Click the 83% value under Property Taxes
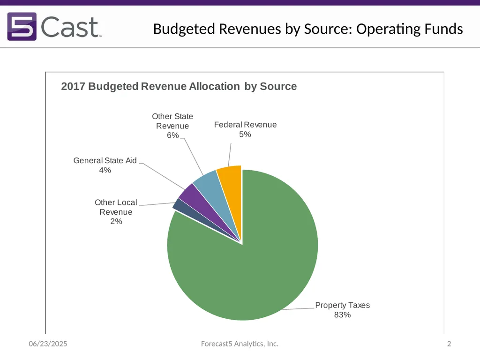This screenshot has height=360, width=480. pyautogui.click(x=342, y=315)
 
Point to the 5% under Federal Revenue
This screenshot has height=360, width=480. pyautogui.click(x=245, y=134)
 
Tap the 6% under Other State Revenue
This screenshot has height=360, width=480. pyautogui.click(x=172, y=135)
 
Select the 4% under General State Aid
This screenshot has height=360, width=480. pyautogui.click(x=105, y=170)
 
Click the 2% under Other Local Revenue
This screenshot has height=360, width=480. pyautogui.click(x=116, y=221)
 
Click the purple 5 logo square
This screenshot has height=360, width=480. pyautogui.click(x=22, y=26)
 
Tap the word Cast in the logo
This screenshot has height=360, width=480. pyautogui.click(x=70, y=27)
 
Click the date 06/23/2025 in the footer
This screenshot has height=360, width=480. pyautogui.click(x=48, y=344)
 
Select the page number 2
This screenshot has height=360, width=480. pyautogui.click(x=449, y=344)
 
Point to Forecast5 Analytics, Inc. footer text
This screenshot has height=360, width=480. pyautogui.click(x=240, y=344)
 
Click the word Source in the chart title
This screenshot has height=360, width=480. pyautogui.click(x=278, y=86)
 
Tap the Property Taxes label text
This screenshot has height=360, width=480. pyautogui.click(x=342, y=305)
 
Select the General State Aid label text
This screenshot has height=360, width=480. pyautogui.click(x=105, y=160)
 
